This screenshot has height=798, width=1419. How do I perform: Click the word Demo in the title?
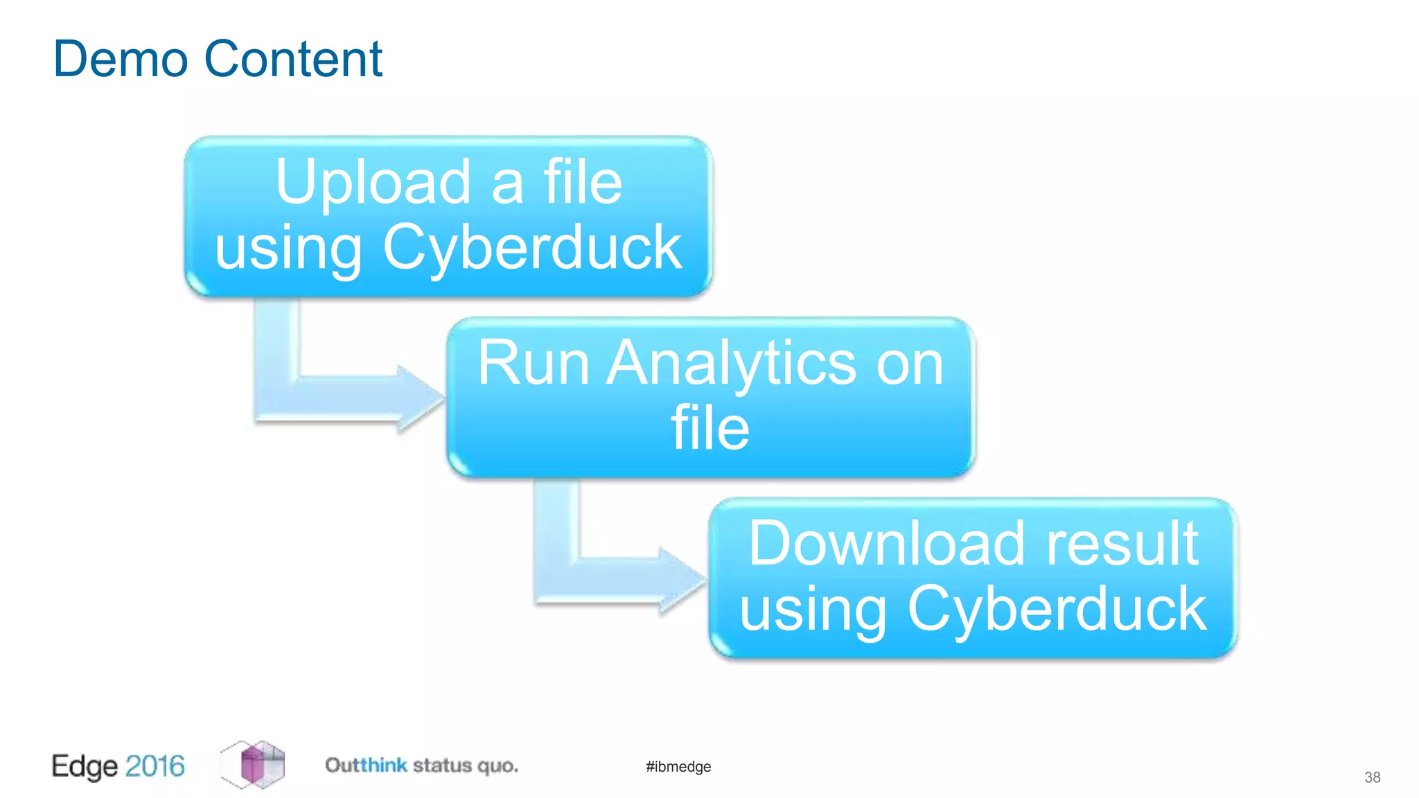[x=120, y=60]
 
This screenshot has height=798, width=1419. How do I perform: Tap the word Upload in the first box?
[x=373, y=182]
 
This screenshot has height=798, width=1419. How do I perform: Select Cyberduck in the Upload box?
[x=532, y=247]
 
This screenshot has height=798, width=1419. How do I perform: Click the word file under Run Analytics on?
[x=710, y=428]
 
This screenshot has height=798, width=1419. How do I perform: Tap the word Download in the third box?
[x=886, y=544]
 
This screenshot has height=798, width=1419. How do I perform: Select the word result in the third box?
[x=1122, y=544]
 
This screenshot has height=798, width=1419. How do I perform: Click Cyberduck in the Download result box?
[x=1057, y=609]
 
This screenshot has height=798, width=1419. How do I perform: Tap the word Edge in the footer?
[x=85, y=767]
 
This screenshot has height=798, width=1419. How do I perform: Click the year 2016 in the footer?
[x=155, y=766]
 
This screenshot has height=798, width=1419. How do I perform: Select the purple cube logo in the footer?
[x=254, y=765]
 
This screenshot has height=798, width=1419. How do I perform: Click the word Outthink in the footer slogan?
[x=366, y=765]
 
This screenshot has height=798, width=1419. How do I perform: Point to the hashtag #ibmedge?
[x=678, y=767]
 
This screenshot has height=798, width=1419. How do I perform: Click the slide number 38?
[x=1372, y=777]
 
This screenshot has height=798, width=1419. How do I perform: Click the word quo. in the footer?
[x=497, y=766]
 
